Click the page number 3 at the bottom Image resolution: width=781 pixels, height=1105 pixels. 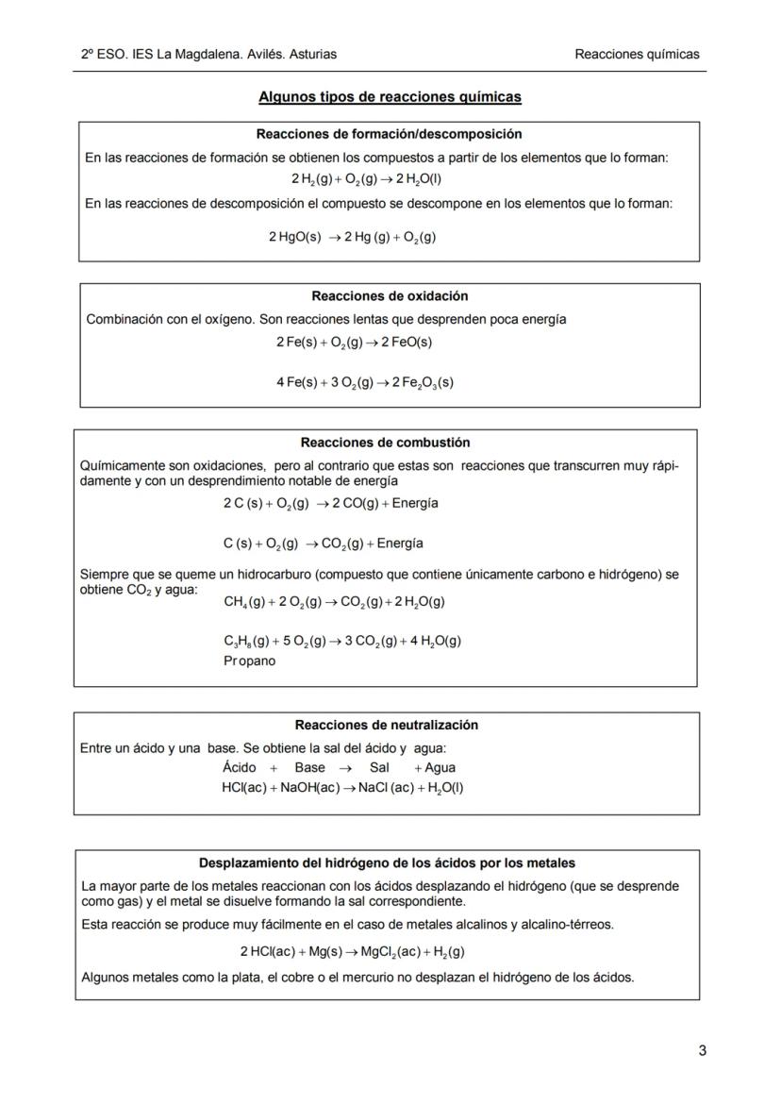pyautogui.click(x=702, y=1050)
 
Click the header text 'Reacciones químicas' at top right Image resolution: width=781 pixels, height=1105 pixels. pyautogui.click(x=637, y=54)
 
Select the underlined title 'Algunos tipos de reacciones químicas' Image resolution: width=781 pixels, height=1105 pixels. pyautogui.click(x=390, y=96)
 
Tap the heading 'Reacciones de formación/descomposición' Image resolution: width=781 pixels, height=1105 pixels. pyautogui.click(x=389, y=134)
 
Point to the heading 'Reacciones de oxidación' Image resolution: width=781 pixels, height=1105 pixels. pyautogui.click(x=390, y=296)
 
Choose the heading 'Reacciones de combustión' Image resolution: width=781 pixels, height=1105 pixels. pyautogui.click(x=385, y=443)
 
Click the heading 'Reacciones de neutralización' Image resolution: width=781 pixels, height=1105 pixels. pyautogui.click(x=387, y=725)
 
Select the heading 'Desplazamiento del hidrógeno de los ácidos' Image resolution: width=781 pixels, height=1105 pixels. pyautogui.click(x=387, y=862)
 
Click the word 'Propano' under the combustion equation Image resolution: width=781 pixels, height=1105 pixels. pyautogui.click(x=250, y=661)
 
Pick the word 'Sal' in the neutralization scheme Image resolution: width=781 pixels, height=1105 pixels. pyautogui.click(x=379, y=767)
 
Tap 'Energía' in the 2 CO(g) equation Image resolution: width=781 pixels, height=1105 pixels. pyautogui.click(x=415, y=503)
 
